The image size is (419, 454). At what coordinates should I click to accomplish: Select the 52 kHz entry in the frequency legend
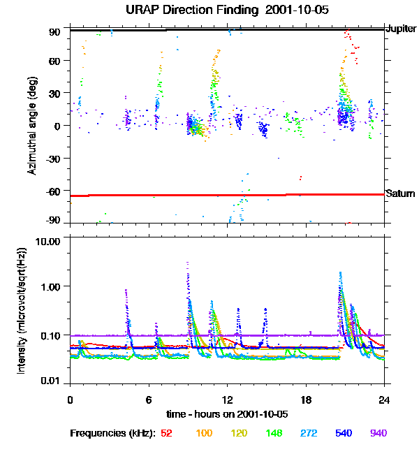(x=166, y=433)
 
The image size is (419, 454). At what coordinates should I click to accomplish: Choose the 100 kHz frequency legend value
(x=204, y=433)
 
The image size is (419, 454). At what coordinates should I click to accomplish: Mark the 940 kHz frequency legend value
(x=378, y=433)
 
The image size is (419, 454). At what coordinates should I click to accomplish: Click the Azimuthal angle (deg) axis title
(x=32, y=125)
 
